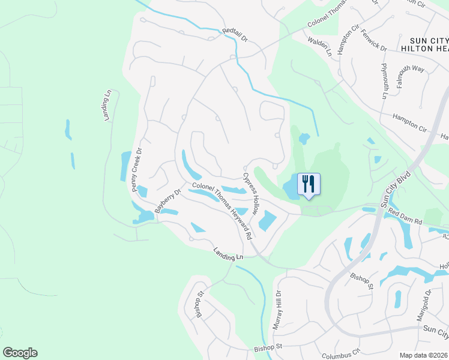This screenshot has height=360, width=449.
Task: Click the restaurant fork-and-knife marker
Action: [x=309, y=184]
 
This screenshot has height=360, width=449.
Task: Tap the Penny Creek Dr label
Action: [x=136, y=170]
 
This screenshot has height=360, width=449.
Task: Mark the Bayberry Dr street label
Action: [x=167, y=201]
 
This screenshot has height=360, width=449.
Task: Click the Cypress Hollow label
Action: [x=250, y=195]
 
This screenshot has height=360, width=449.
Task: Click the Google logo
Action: [x=20, y=353]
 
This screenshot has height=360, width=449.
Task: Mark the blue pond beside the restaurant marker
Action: [x=289, y=188]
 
